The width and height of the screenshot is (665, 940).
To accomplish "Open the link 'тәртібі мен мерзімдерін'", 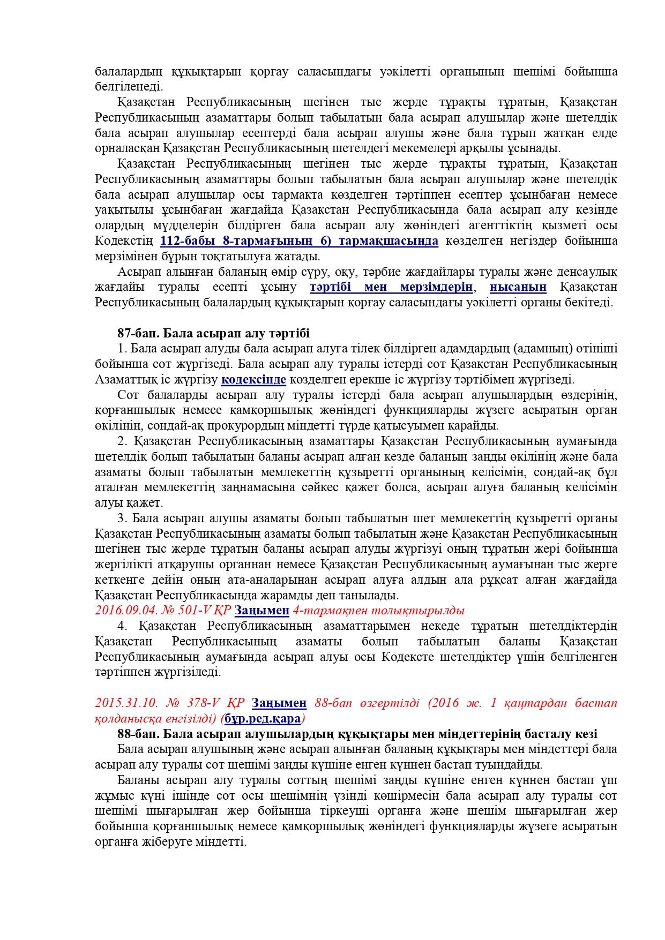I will point(391,287).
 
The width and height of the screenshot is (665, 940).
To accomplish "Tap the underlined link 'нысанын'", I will point(518,287).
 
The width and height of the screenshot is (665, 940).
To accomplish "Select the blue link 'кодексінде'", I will point(253,380).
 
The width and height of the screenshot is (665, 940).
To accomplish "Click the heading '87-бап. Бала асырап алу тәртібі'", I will point(213,334).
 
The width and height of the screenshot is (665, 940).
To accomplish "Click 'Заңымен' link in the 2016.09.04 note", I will point(262,611).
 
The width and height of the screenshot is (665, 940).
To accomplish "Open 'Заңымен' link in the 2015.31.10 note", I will point(279,703).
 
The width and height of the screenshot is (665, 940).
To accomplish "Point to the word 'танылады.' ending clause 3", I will point(371,595).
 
